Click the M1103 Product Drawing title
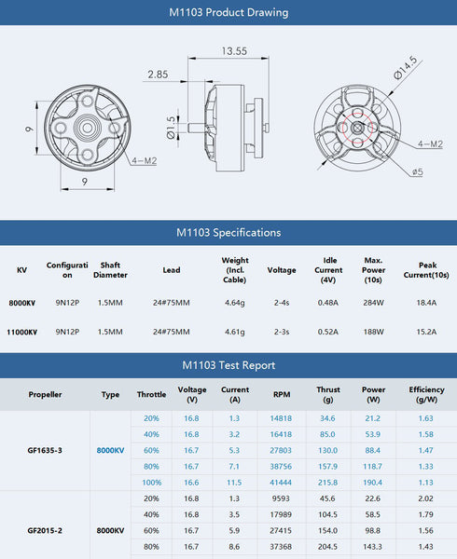228,13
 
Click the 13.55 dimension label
234,51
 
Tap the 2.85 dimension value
157,74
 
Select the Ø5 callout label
418,171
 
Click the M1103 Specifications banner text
228,232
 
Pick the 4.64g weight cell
235,303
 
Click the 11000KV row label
22,331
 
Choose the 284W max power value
374,303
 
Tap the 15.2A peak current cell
426,331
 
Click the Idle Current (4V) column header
328,270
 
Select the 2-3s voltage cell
282,331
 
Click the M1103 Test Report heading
228,365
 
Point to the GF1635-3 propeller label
45,450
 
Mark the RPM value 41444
281,483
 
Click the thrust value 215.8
327,483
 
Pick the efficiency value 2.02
425,498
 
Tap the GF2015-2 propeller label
45,530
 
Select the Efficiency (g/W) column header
426,394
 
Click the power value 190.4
373,483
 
